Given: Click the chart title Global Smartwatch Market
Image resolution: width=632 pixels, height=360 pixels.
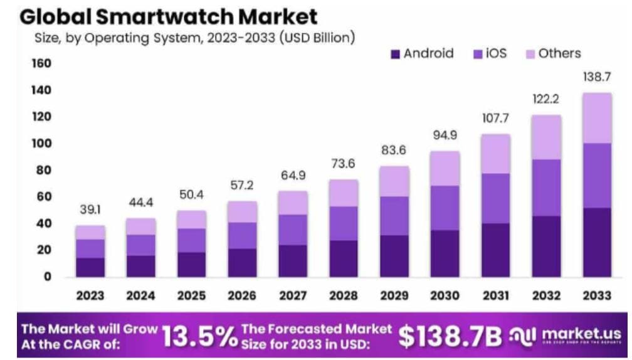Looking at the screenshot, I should pos(169,15).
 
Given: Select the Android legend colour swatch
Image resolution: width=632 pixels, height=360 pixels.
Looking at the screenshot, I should pos(395,54).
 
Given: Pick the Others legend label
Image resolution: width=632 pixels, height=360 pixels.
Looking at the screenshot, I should pos(559,54).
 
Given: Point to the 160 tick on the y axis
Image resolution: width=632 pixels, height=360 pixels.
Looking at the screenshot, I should pos(39,64).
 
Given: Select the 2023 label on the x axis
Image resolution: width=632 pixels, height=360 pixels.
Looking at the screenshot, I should pos(90,296).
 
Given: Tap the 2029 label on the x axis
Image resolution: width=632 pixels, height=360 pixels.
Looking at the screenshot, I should pos(394,296).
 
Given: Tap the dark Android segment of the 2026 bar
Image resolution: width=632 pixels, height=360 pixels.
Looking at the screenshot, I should pos(242,262).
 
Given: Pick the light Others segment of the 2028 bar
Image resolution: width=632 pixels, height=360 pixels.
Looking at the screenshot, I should pos(344,193).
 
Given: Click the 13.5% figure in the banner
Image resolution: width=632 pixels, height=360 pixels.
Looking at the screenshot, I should pos(199,337).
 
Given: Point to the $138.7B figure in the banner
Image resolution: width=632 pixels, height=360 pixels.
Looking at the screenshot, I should pos(450,337).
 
